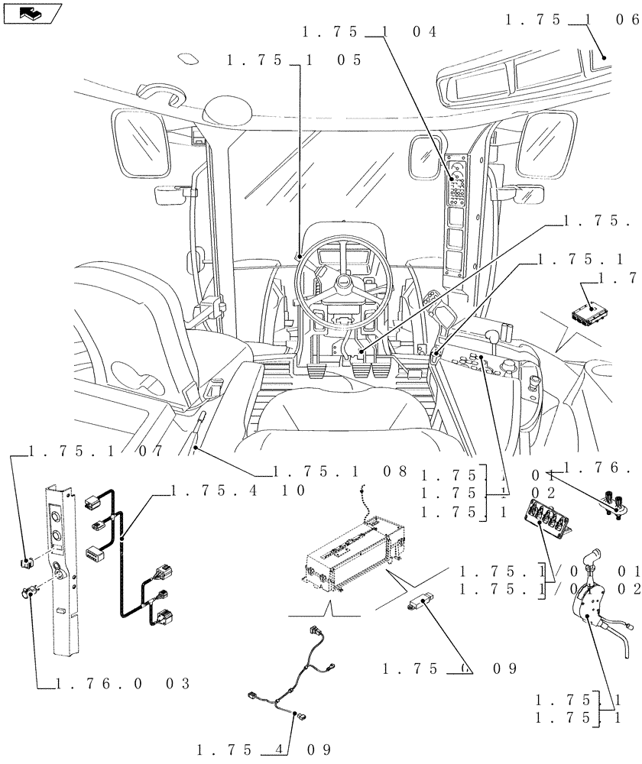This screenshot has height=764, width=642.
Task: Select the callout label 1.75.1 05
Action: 295,61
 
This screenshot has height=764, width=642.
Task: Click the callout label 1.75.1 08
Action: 341,471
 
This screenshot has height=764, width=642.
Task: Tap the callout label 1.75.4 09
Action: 264,748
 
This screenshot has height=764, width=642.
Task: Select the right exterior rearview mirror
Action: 544,143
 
